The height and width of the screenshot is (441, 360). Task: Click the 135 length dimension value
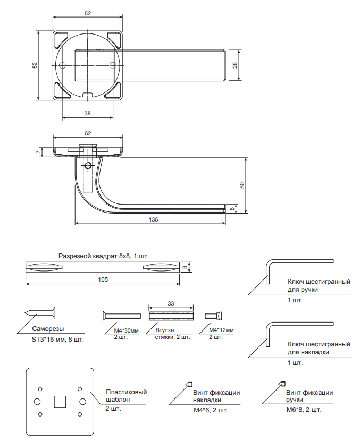coord(153,219)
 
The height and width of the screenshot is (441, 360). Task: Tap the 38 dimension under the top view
coord(88,113)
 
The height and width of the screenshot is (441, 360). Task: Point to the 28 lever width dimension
coord(235,65)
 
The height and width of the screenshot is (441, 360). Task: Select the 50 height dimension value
coord(242,185)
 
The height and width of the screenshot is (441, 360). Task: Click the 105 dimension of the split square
coord(103,279)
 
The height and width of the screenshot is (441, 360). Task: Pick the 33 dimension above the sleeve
coord(171,303)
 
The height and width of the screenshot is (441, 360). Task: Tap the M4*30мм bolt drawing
coord(122,316)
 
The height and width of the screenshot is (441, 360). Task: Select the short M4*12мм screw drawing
coord(213,316)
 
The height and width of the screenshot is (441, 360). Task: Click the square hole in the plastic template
coord(60,402)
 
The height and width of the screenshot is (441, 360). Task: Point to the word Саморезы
coord(48,329)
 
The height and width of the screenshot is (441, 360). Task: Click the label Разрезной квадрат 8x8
coord(94,256)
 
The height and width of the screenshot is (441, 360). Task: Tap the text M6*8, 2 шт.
coord(304,410)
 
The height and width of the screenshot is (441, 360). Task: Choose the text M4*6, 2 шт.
coord(211,410)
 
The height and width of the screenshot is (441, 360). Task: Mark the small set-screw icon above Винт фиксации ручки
coord(282,384)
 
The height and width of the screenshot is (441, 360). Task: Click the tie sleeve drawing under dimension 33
coord(171,316)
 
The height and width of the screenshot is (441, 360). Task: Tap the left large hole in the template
coord(37,402)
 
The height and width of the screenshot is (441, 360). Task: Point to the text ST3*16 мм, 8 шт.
coord(58,340)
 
